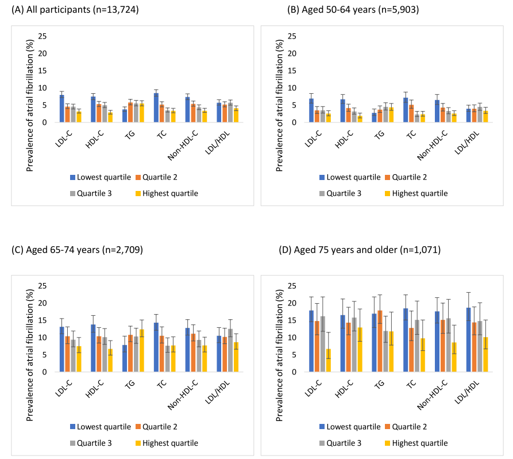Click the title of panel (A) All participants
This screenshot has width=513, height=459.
pos(75,10)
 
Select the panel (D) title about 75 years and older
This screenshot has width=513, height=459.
pos(360,250)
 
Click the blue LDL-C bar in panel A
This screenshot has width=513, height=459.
pos(62,109)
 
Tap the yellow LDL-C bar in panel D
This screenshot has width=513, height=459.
pos(328,361)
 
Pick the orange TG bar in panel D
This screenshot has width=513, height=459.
pos(380,341)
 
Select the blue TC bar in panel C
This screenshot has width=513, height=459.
pos(156,347)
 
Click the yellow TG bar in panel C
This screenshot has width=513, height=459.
pos(142,350)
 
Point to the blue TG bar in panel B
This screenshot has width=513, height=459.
pos(374,117)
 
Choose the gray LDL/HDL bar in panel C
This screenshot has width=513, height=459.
pos(230,350)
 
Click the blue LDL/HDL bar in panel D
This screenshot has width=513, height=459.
pos(469,340)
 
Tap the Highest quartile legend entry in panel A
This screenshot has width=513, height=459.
pos(167,193)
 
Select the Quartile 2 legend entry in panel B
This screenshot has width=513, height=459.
pos(406,177)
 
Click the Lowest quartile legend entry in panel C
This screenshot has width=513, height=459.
pos(101,427)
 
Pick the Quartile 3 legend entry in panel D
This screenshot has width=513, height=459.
pos(340,443)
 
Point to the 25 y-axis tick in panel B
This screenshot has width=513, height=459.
pos(292,36)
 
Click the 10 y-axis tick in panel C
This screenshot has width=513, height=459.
pos(43,338)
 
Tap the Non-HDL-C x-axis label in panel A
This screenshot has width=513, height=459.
pos(183,146)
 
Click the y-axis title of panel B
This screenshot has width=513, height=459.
pos(279,105)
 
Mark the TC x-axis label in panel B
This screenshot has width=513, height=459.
pos(411,135)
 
